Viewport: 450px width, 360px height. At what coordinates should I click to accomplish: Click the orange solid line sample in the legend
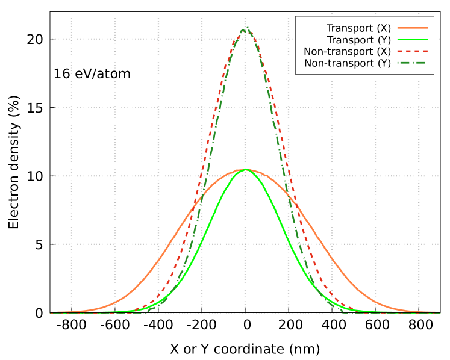click(x=412, y=28)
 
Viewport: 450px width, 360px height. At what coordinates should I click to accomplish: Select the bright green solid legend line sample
click(x=412, y=39)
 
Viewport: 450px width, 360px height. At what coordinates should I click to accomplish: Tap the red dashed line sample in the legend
click(x=412, y=51)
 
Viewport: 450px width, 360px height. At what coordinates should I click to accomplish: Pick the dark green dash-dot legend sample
click(x=412, y=63)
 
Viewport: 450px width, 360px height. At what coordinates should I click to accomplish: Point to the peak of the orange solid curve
click(x=245, y=169)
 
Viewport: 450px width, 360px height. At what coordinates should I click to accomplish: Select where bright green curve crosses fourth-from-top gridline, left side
click(x=200, y=244)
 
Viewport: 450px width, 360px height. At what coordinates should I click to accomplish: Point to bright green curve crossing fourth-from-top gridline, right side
click(x=290, y=244)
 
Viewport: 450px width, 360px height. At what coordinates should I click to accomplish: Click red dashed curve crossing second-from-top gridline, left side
click(x=217, y=108)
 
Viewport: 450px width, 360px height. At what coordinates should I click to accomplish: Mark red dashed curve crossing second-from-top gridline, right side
click(x=273, y=108)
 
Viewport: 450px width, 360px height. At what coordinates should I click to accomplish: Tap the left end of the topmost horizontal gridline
click(x=52, y=39)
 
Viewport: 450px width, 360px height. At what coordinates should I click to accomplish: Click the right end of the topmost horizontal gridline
click(x=295, y=39)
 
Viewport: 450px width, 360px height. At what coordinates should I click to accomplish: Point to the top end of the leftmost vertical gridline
click(x=71, y=13)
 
